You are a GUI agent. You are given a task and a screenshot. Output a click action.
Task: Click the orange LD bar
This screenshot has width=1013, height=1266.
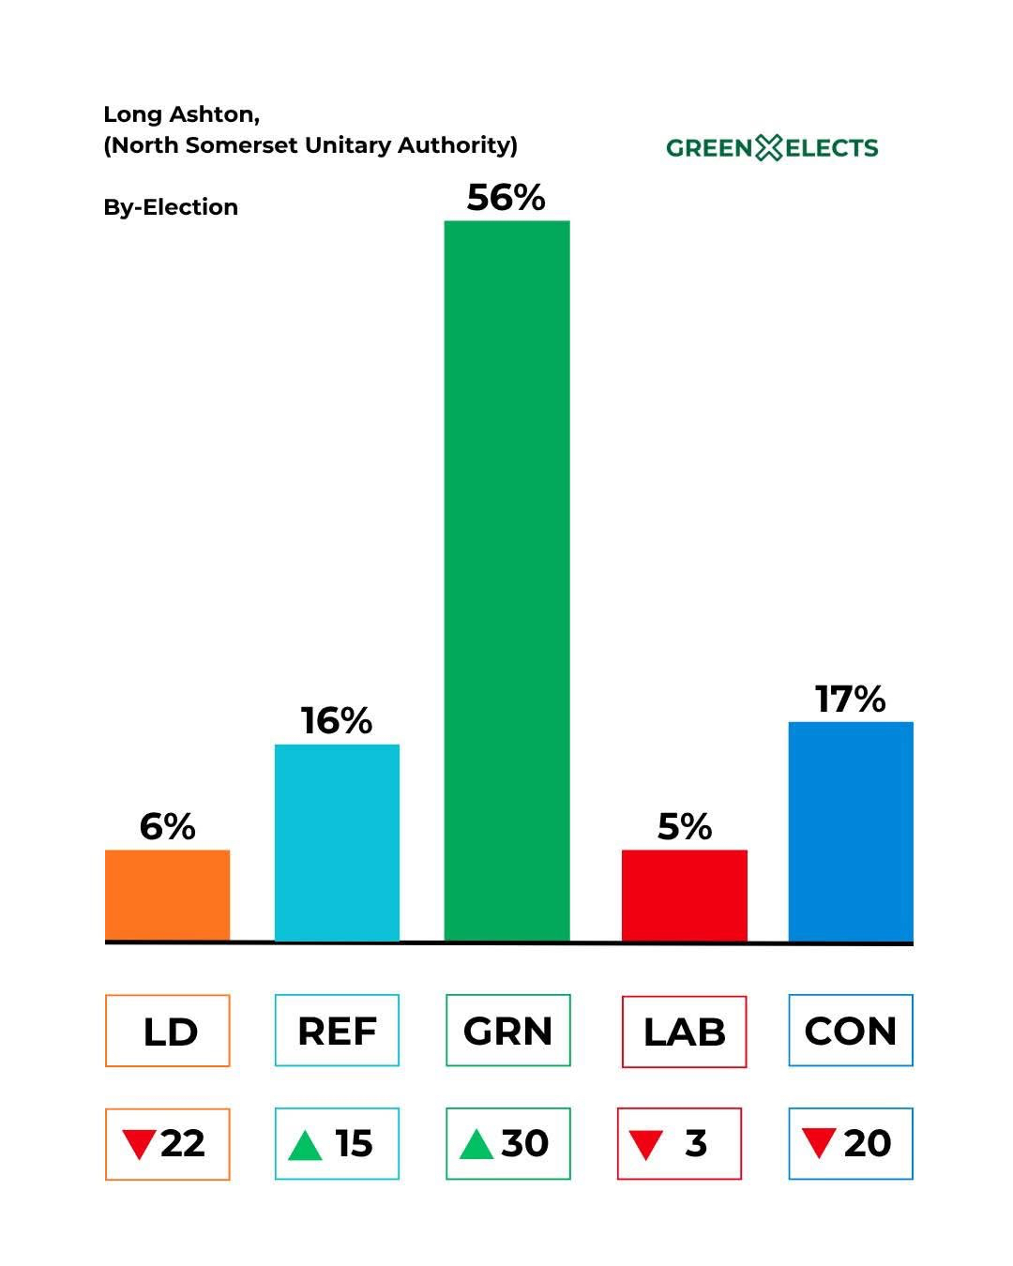point(167,895)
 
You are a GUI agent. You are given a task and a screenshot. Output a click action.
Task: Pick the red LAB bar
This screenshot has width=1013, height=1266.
point(684,895)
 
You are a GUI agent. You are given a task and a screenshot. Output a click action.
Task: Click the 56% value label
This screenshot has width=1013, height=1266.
point(506,198)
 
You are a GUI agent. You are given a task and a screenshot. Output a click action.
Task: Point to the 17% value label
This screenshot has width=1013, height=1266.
point(850,700)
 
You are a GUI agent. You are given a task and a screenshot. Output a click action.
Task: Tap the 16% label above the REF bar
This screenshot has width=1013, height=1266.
point(337,721)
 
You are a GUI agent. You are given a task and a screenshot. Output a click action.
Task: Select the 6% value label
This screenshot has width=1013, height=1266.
point(167,827)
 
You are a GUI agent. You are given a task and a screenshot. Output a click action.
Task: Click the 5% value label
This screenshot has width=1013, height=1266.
point(684,827)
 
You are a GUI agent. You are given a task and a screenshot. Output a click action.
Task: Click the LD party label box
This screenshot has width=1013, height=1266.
point(167,1031)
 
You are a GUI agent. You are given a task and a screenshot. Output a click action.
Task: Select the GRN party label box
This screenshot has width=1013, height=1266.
point(507,1031)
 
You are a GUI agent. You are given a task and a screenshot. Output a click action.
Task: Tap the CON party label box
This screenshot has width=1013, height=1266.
point(850,1031)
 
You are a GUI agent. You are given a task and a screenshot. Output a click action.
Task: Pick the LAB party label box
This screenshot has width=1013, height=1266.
point(684,1032)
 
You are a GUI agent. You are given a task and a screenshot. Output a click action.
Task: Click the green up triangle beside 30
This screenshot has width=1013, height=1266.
point(476,1144)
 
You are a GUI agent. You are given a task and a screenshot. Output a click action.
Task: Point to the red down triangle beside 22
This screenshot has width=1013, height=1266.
point(139,1144)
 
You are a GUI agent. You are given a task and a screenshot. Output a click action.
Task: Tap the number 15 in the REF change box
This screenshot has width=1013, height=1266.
point(354,1144)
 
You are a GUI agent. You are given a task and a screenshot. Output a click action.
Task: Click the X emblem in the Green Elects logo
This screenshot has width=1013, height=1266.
point(768,147)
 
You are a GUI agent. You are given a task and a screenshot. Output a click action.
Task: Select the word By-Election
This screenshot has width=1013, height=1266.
point(171,207)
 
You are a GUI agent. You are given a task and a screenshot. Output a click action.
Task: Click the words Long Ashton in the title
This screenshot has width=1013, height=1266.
point(180,114)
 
